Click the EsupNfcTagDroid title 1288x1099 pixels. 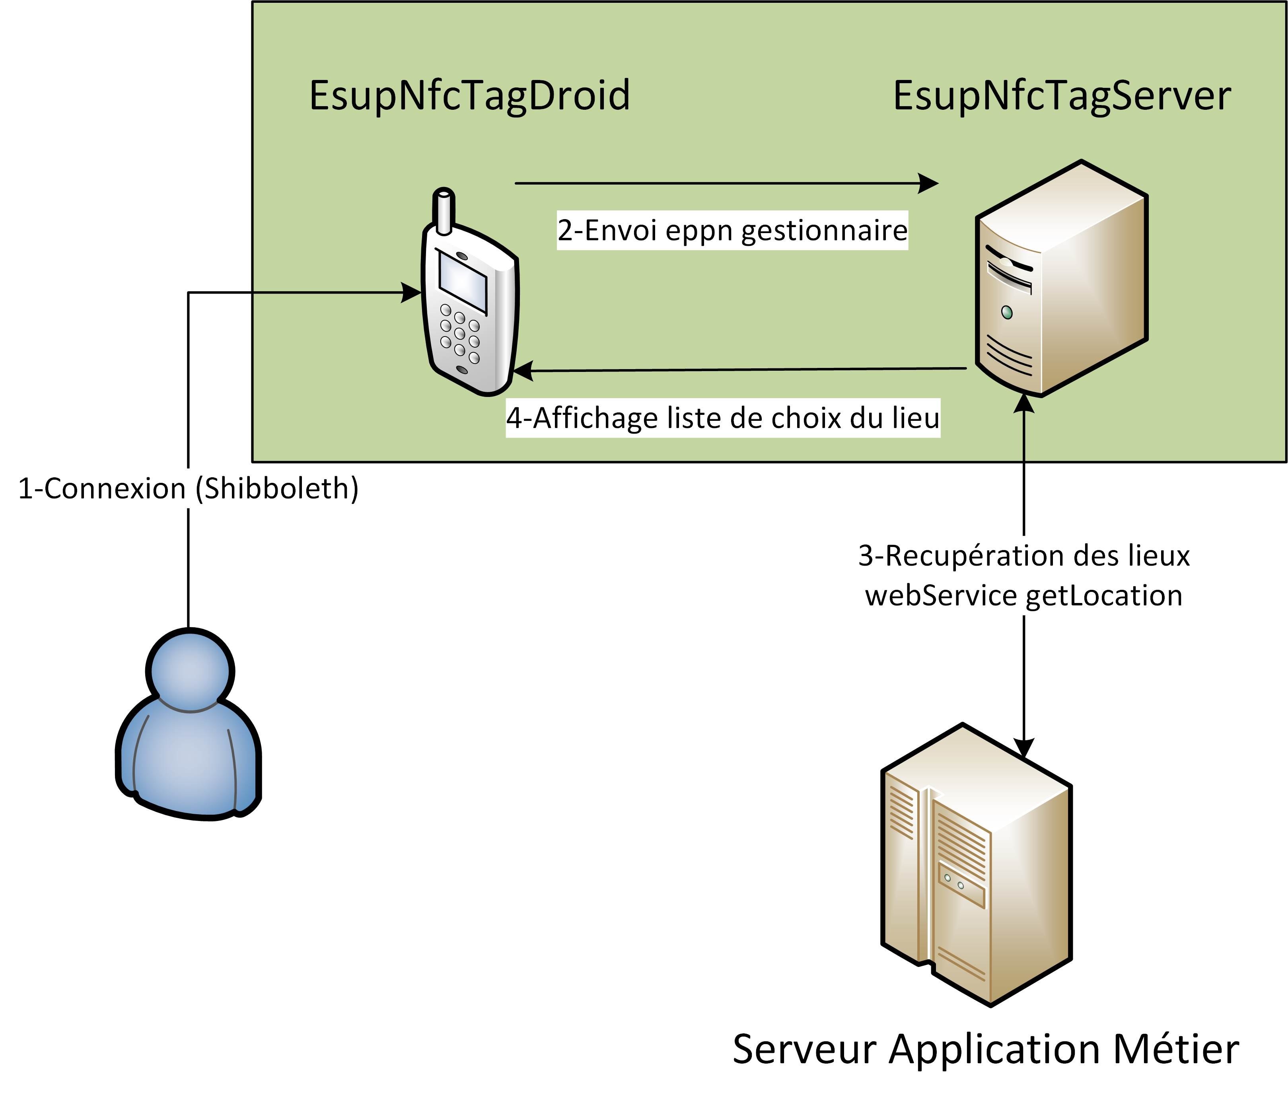click(x=469, y=96)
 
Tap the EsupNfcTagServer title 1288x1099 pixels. click(x=1062, y=96)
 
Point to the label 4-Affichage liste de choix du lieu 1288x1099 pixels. click(x=722, y=418)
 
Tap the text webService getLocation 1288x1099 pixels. click(x=1024, y=595)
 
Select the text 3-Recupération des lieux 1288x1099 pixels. click(x=1024, y=555)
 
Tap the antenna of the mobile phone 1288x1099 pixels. click(x=444, y=211)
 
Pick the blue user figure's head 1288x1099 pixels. click(x=190, y=671)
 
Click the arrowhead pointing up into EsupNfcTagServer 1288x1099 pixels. click(x=1024, y=403)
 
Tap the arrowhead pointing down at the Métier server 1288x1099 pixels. click(x=1024, y=748)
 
